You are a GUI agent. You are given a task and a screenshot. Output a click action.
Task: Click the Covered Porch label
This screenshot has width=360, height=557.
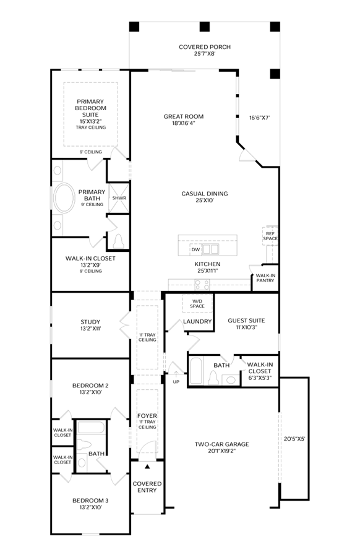click(205, 47)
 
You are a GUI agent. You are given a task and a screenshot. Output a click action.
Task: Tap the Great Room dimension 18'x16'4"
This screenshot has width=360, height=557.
click(184, 123)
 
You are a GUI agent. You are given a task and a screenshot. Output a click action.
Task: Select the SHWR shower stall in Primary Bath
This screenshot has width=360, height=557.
click(119, 198)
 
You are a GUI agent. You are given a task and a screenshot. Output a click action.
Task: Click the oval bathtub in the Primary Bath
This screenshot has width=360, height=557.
click(64, 198)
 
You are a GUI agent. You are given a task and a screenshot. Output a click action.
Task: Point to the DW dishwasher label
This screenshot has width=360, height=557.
click(195, 250)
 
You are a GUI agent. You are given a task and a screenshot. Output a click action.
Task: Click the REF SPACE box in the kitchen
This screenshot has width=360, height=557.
click(270, 236)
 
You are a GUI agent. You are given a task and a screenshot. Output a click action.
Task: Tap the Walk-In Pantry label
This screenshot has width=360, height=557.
click(265, 278)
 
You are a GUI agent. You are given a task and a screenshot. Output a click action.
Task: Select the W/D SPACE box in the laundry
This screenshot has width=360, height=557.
click(197, 303)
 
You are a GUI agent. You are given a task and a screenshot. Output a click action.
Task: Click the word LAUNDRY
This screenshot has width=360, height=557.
click(197, 321)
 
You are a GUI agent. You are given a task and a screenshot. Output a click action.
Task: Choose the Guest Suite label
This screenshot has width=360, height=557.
click(246, 321)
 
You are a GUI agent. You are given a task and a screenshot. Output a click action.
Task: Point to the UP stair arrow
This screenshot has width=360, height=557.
click(176, 375)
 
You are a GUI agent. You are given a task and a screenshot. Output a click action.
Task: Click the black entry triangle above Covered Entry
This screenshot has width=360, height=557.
click(147, 467)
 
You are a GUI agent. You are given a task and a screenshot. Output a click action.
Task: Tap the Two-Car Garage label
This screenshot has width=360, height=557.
click(222, 444)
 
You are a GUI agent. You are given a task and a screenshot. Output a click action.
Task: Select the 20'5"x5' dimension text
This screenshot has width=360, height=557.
click(294, 439)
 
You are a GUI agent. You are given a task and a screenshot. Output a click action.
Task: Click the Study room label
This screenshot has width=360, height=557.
click(90, 322)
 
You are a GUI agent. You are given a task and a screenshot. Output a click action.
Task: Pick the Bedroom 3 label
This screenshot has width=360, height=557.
click(90, 501)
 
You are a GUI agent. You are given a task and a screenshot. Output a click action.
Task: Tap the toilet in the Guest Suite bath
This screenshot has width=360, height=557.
click(213, 378)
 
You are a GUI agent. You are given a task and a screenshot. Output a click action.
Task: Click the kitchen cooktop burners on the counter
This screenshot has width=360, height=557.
click(202, 285)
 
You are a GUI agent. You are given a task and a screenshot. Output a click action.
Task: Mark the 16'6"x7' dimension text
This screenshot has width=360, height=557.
click(260, 118)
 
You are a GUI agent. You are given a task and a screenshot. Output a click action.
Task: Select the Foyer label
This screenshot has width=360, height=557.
click(147, 416)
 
